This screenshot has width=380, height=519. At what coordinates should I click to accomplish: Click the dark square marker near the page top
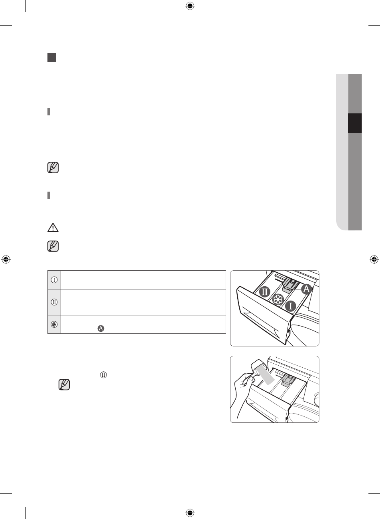pos(52,57)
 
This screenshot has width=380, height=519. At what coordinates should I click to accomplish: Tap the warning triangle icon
pos(53,228)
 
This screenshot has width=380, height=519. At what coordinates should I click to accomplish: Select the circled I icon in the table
pos(54,280)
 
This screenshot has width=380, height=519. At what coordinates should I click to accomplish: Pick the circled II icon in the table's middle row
pos(54,302)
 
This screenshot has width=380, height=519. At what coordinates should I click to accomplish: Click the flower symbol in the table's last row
pos(54,324)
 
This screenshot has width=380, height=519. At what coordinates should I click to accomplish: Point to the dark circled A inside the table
pos(101,329)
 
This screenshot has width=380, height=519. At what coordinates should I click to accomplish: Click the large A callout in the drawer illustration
pos(307,289)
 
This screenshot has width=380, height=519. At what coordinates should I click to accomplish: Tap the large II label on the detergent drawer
pos(265,292)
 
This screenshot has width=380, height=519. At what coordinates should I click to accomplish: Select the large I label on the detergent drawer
pos(290,306)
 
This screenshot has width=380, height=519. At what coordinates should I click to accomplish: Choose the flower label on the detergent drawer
pos(278,300)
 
